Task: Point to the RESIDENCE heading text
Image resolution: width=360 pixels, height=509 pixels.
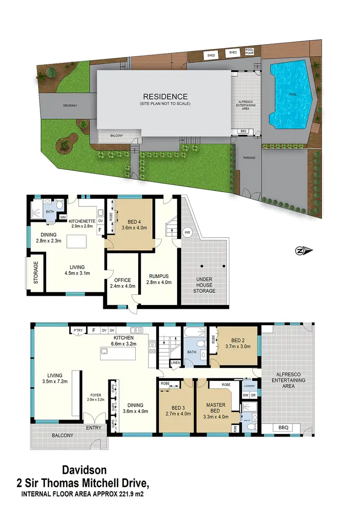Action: (x=165, y=97)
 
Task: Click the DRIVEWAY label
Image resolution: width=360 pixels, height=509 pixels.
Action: (x=70, y=105)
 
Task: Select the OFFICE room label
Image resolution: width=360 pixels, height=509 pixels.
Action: (x=122, y=280)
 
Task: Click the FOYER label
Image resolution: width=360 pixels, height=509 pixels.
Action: (x=96, y=396)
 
